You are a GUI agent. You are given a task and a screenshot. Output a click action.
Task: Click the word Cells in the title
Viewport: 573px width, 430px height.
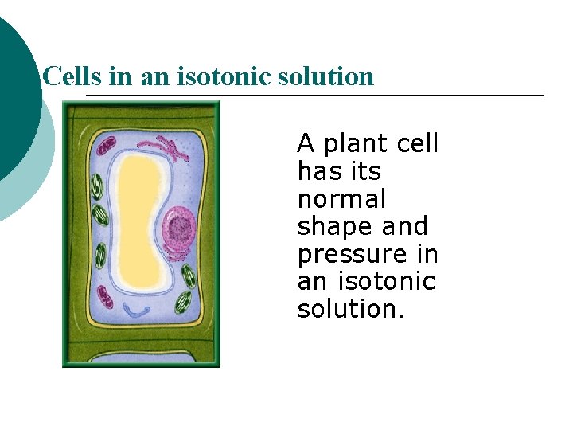pos(68,76)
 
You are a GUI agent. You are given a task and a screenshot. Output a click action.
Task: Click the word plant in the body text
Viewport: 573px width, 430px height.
pos(357,144)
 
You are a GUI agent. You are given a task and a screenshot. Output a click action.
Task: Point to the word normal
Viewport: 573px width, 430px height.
pos(341,199)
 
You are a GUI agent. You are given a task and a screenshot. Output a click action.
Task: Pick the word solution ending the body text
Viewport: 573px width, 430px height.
pos(351,309)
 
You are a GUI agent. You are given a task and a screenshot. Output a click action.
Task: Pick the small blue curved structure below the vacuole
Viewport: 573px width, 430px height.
pos(140,309)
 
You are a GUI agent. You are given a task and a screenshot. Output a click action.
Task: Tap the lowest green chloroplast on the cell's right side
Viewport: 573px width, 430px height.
pos(183,301)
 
